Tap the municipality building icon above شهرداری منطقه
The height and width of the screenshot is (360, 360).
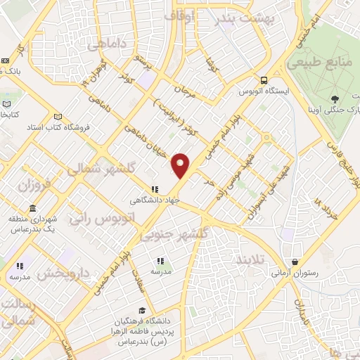point(32,208)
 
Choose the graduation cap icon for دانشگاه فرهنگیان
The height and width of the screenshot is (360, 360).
point(142,309)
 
